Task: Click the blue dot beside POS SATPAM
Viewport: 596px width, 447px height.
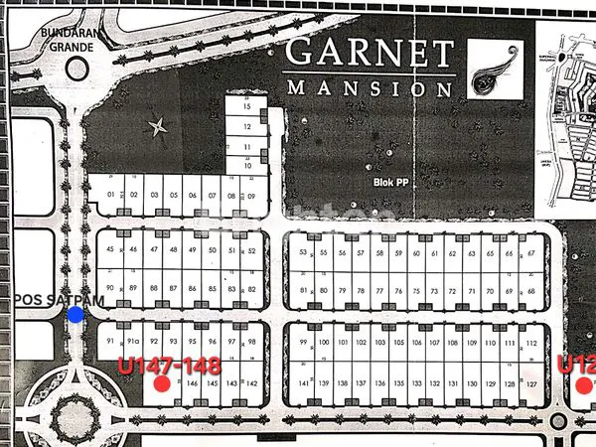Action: pyautogui.click(x=75, y=315)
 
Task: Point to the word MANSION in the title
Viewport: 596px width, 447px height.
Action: pyautogui.click(x=370, y=87)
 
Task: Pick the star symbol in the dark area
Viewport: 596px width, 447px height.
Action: pyautogui.click(x=156, y=127)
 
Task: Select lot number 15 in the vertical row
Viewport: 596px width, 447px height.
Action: pyautogui.click(x=246, y=106)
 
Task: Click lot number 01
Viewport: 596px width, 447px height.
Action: pyautogui.click(x=110, y=196)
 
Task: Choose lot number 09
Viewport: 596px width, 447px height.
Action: pyautogui.click(x=252, y=196)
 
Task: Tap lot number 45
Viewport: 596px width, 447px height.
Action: pyautogui.click(x=110, y=250)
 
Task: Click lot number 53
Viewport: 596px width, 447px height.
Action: pyautogui.click(x=303, y=253)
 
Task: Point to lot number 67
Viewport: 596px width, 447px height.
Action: pyautogui.click(x=531, y=253)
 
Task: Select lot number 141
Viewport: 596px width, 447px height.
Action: pyautogui.click(x=303, y=383)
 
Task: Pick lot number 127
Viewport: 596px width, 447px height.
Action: pyautogui.click(x=531, y=383)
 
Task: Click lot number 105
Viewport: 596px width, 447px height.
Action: pyautogui.click(x=399, y=343)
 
